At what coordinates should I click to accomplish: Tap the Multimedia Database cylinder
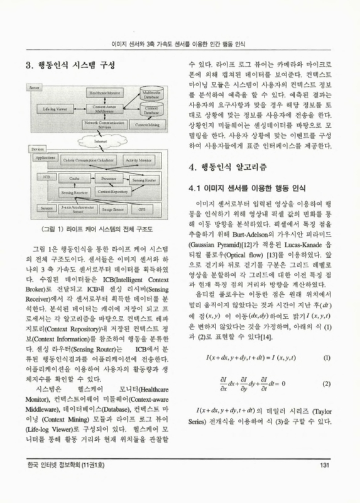(x=151, y=95)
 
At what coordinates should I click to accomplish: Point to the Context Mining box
(x=151, y=125)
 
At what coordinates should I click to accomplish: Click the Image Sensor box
(x=114, y=207)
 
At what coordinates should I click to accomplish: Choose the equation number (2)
(x=326, y=383)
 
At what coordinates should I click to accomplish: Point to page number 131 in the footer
(x=325, y=483)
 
